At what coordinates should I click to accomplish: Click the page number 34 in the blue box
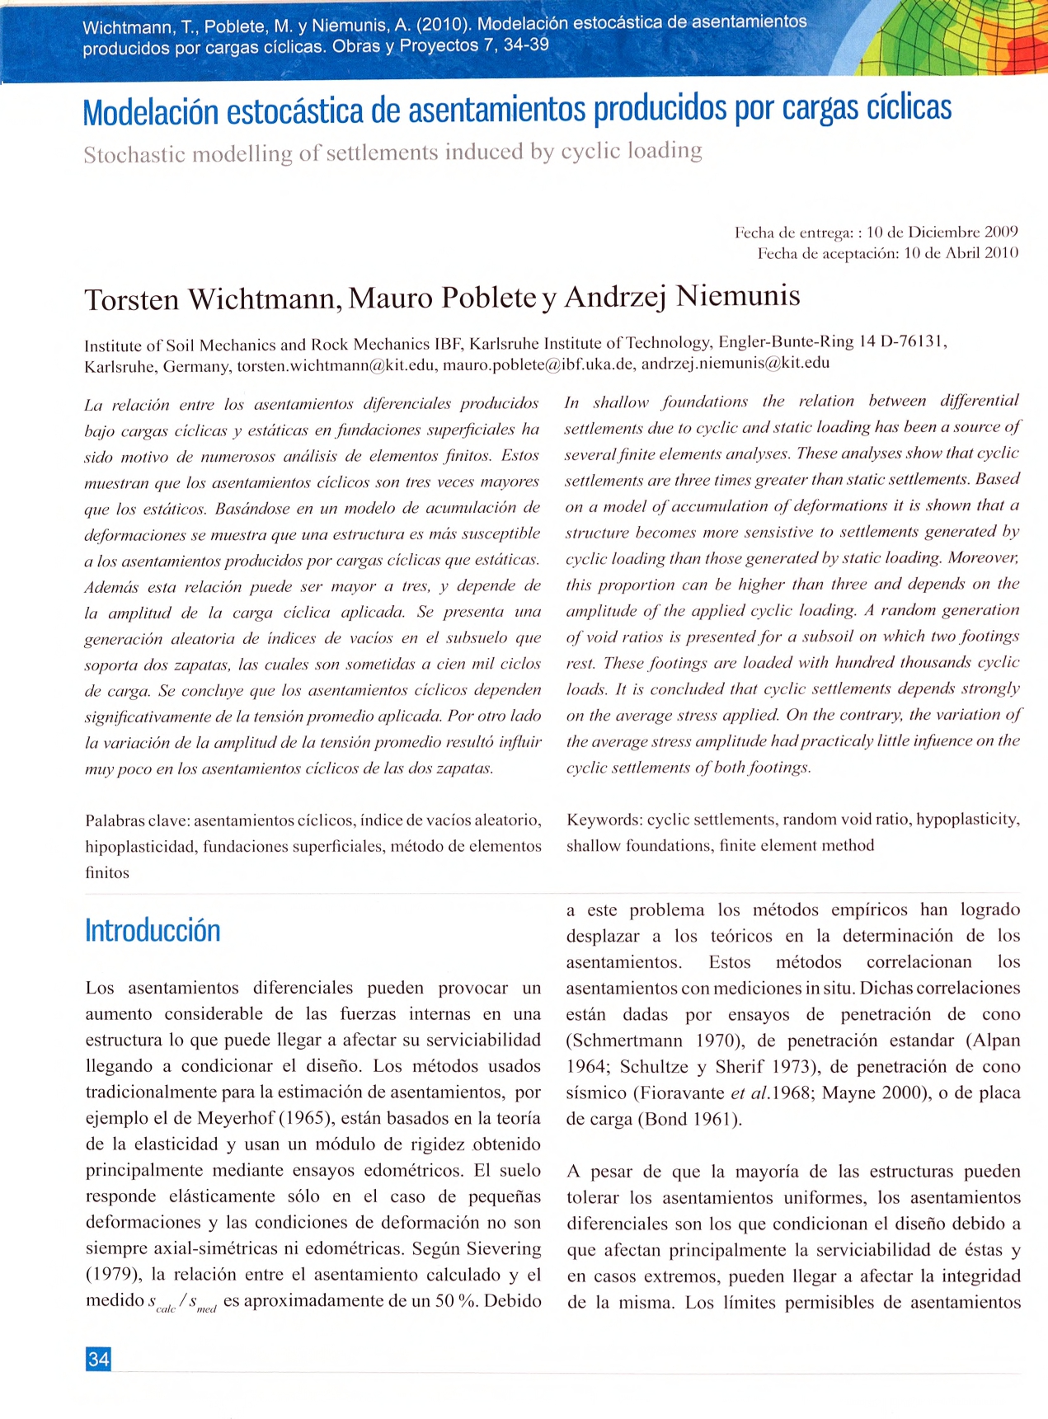tap(98, 1359)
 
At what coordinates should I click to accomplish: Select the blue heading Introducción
tap(153, 931)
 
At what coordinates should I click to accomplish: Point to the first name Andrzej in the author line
tap(615, 296)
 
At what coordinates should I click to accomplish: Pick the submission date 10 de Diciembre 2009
tap(942, 233)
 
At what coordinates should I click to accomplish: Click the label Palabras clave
tap(137, 820)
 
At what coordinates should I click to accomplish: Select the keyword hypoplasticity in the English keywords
tap(967, 820)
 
